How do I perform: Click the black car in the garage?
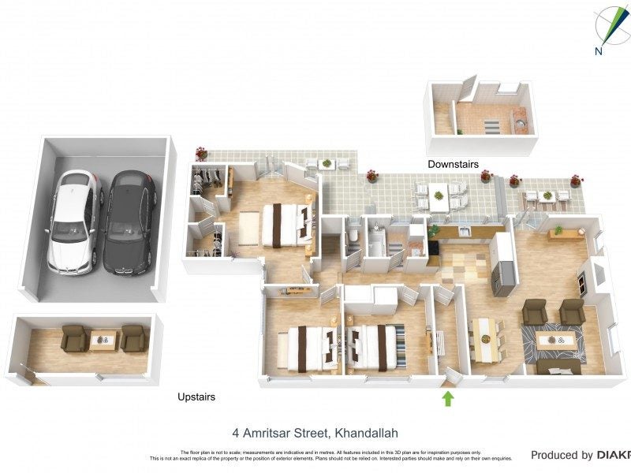(x=129, y=223)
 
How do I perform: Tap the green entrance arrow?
(x=448, y=398)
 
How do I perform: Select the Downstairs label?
(x=453, y=165)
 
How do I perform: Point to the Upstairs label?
(x=196, y=398)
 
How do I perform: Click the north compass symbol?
(x=607, y=30)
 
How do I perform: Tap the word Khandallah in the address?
(x=367, y=433)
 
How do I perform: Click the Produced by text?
(x=561, y=455)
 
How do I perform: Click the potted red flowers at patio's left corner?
(x=202, y=153)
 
